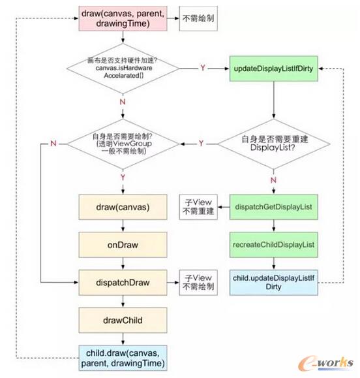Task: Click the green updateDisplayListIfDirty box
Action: tap(273, 67)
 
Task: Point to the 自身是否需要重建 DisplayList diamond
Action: tap(273, 143)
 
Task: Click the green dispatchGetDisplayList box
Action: tap(273, 208)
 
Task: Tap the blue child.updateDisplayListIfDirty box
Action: tap(273, 283)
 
